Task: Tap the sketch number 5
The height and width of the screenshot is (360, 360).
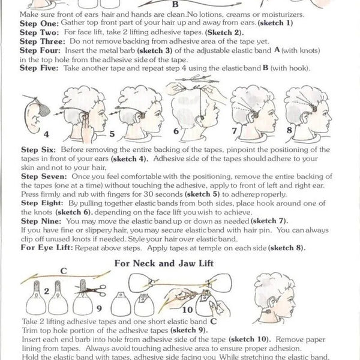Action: (x=112, y=134)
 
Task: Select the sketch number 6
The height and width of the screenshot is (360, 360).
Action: (x=176, y=130)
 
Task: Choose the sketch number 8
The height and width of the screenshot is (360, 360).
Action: (x=289, y=129)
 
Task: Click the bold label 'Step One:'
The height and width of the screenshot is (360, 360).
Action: (x=22, y=20)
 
